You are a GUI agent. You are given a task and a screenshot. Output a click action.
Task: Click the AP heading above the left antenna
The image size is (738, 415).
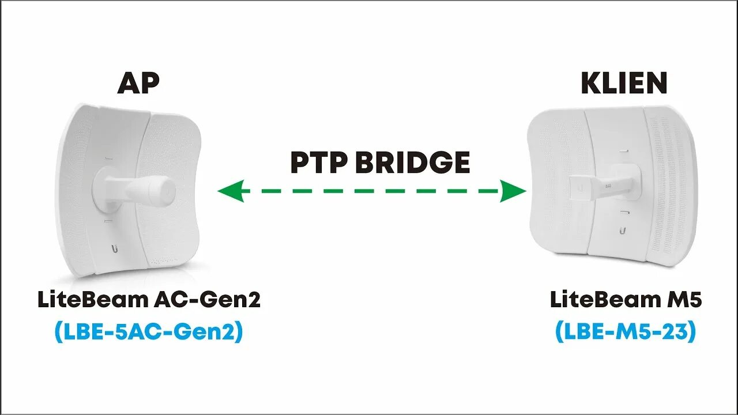[138, 84]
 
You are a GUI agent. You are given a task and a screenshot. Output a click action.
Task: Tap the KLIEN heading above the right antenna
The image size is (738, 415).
[623, 84]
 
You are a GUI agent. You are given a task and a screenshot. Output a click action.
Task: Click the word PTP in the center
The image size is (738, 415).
[318, 163]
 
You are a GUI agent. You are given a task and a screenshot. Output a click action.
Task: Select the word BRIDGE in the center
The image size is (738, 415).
[412, 163]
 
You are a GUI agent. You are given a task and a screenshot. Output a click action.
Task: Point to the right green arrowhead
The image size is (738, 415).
[514, 191]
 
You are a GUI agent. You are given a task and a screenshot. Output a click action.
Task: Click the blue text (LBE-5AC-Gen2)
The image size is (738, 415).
[149, 332]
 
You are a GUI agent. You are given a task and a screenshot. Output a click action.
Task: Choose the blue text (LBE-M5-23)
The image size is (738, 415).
[626, 332]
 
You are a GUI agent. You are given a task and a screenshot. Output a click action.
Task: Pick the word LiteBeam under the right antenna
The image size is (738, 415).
[600, 300]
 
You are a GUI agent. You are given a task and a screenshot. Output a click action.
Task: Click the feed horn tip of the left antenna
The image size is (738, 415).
[165, 191]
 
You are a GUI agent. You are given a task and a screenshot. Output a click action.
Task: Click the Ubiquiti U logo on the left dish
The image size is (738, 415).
[116, 249]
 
